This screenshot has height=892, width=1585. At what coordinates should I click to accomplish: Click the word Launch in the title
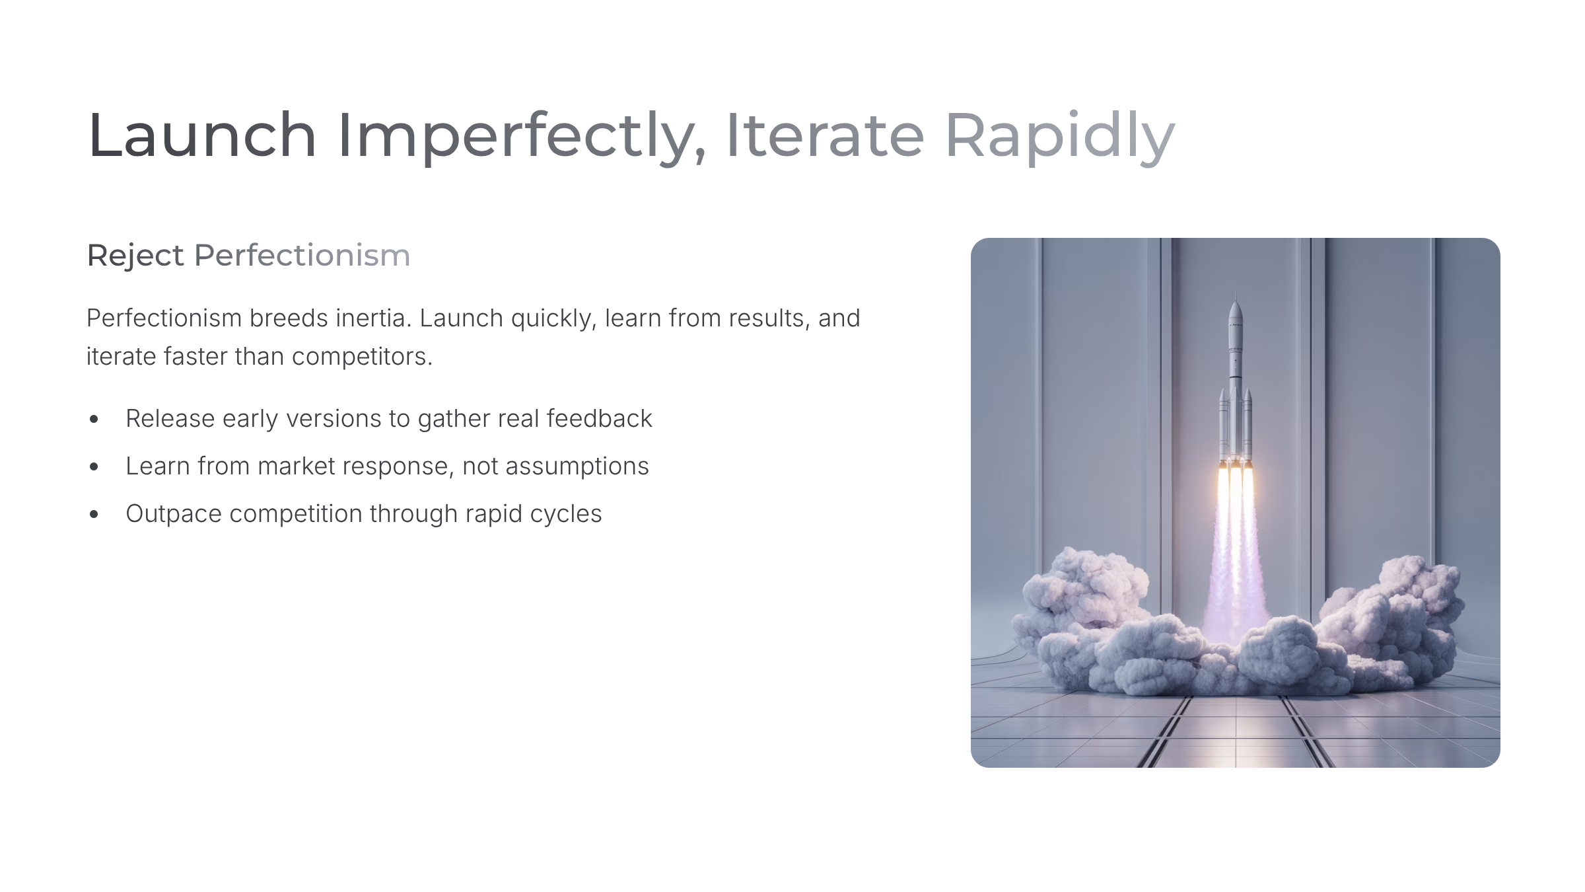[202, 135]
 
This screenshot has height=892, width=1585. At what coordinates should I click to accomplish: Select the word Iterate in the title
[825, 135]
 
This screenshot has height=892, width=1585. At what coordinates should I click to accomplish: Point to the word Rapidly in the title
[1060, 137]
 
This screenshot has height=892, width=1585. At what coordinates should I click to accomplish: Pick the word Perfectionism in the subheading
[302, 255]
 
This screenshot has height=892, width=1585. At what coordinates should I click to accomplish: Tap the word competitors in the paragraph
[362, 357]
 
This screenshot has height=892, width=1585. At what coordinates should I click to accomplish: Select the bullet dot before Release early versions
[94, 419]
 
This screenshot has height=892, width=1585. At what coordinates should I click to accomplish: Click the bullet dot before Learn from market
[94, 466]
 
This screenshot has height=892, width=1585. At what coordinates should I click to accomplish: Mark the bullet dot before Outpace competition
[94, 514]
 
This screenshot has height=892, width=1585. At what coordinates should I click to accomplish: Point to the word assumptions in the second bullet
[578, 467]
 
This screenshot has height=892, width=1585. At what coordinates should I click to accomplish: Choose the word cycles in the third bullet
[566, 515]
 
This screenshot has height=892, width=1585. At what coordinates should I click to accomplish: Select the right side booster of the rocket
[1248, 426]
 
